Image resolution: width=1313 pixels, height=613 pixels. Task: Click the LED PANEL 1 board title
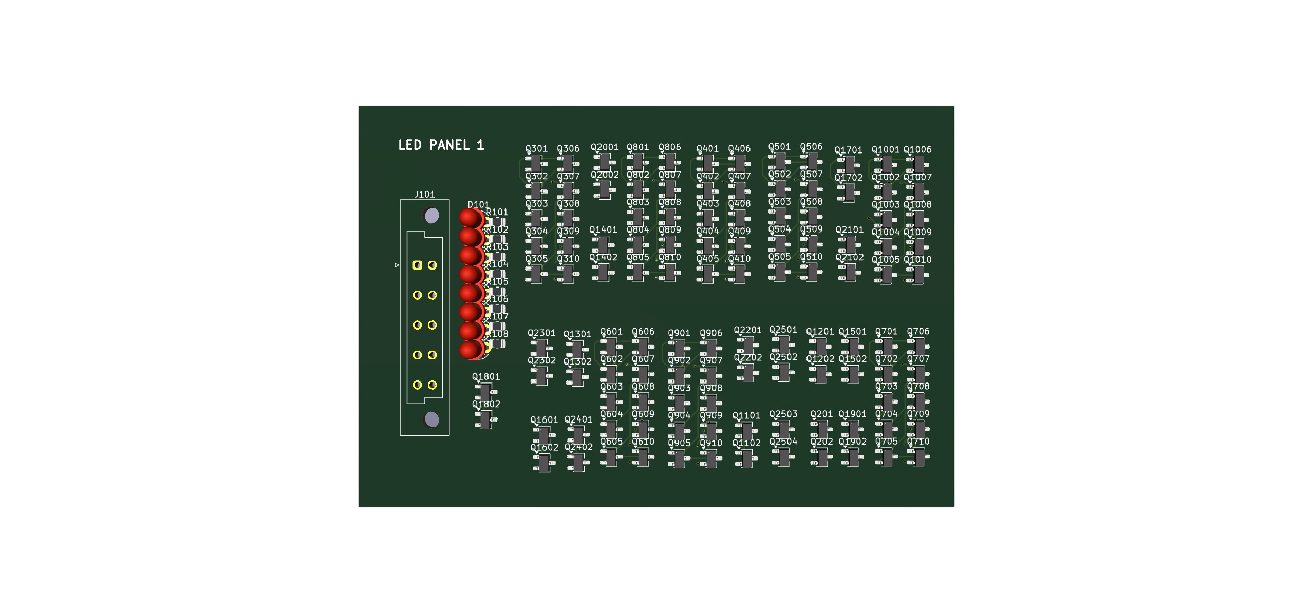[441, 145]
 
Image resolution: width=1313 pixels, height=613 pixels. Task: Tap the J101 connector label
[424, 195]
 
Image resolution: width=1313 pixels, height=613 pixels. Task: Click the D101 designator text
[478, 205]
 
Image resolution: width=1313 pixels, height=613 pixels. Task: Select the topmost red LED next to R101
[470, 217]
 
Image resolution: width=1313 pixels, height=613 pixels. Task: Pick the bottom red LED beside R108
[470, 350]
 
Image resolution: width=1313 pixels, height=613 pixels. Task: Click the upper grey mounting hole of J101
[432, 216]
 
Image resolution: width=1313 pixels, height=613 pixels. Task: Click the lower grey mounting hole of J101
[432, 420]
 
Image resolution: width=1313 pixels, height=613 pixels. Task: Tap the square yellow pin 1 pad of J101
[417, 265]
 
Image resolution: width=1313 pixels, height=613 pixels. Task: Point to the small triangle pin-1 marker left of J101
[397, 265]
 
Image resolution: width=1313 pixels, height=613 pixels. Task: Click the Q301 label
[536, 149]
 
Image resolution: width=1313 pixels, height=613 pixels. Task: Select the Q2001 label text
[605, 147]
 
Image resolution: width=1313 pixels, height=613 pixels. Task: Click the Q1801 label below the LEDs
[486, 377]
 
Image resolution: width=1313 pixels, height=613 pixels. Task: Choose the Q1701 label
[848, 150]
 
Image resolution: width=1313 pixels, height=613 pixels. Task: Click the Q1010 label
[917, 260]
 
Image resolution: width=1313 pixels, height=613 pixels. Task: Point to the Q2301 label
[541, 333]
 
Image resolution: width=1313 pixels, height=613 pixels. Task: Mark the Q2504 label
[783, 442]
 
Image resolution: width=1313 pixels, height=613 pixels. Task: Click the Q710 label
[918, 442]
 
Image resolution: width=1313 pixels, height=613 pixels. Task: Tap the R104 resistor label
[497, 264]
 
